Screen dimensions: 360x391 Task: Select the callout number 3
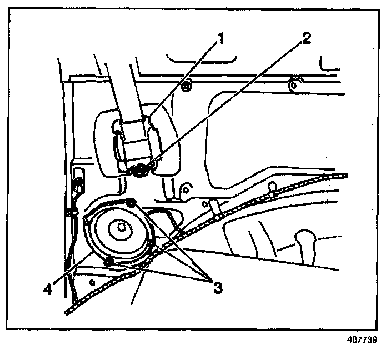click(217, 287)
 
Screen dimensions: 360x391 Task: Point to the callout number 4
click(49, 289)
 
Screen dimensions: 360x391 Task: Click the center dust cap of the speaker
click(119, 228)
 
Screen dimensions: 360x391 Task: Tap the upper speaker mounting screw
click(132, 203)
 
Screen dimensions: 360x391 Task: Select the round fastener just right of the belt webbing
click(187, 86)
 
